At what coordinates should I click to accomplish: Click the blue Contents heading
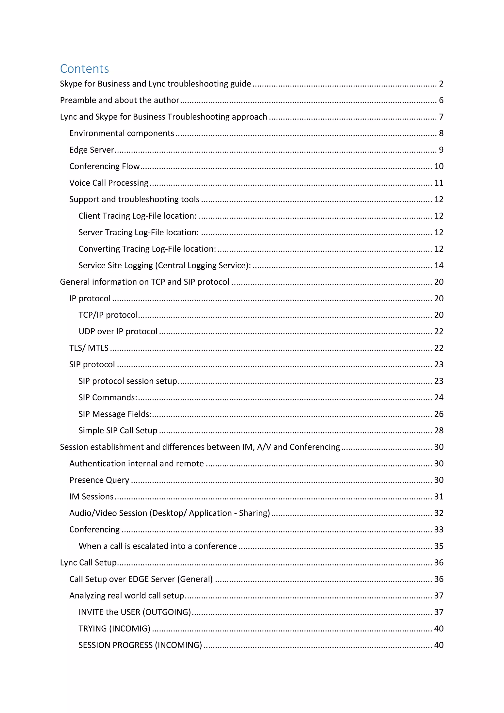click(x=84, y=69)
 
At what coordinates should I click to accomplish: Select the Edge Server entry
click(x=92, y=150)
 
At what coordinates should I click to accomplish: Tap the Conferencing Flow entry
click(x=104, y=166)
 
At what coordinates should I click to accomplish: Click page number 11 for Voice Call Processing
click(x=439, y=183)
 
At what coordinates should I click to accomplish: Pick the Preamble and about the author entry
click(x=120, y=100)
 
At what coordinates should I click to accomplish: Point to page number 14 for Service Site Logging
click(x=439, y=265)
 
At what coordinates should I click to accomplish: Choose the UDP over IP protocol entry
click(x=118, y=331)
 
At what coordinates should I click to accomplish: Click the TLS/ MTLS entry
click(x=89, y=348)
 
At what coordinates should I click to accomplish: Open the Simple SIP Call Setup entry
click(x=118, y=430)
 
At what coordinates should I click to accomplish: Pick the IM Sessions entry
click(x=91, y=497)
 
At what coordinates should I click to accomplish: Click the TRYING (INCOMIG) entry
click(x=114, y=629)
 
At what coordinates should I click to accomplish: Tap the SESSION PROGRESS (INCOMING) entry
click(x=140, y=645)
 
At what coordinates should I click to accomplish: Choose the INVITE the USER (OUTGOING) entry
click(x=134, y=612)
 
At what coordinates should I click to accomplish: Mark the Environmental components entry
click(x=121, y=133)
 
